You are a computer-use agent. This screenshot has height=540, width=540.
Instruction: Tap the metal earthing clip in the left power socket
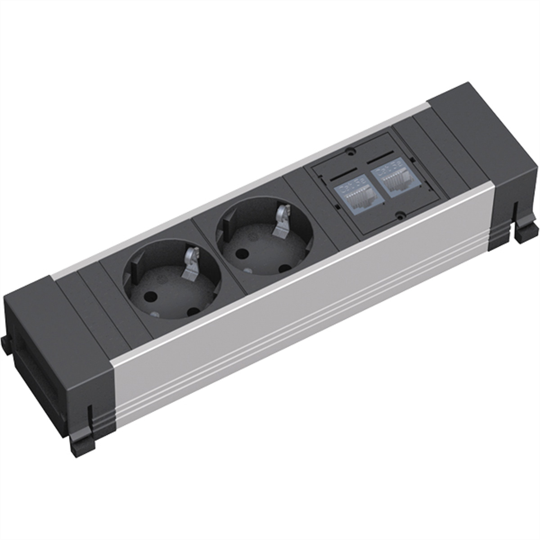(190, 265)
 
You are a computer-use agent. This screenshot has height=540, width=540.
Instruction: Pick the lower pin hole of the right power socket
(284, 268)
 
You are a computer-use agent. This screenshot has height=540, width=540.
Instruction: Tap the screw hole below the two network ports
(398, 215)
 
